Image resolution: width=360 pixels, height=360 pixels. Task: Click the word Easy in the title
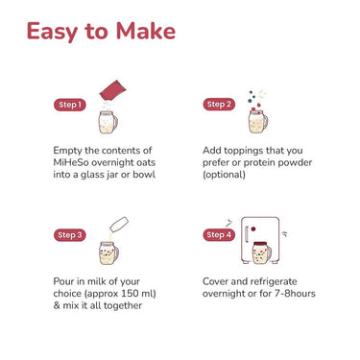[52, 32]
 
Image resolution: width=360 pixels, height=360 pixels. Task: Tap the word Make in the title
[145, 31]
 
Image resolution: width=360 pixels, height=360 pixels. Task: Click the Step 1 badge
[70, 105]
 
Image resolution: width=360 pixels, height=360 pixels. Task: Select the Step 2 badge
[219, 104]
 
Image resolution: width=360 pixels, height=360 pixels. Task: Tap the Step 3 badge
[70, 235]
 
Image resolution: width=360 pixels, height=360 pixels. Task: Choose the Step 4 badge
[219, 234]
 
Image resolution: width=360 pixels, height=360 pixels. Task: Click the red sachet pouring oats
[112, 89]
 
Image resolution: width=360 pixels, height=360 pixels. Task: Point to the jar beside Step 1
[108, 122]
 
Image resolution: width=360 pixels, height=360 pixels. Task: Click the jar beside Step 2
[258, 121]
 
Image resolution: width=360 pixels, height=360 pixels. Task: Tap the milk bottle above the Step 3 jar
[119, 225]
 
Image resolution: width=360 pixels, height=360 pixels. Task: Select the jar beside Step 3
[108, 252]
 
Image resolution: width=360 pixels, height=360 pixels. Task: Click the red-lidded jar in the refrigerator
[262, 252]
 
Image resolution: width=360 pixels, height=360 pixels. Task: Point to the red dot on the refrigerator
[253, 228]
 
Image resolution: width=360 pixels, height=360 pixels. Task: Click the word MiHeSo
[70, 162]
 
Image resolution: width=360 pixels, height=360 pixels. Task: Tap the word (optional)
[224, 175]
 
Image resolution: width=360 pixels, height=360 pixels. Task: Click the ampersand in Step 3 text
[57, 305]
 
